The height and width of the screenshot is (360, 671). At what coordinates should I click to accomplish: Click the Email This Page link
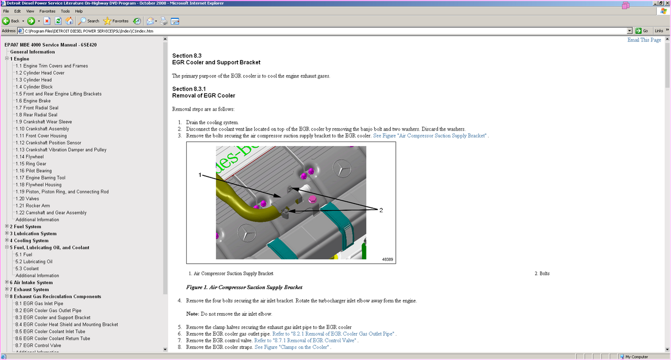pyautogui.click(x=644, y=40)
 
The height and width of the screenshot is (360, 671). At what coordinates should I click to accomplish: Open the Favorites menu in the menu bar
pyautogui.click(x=47, y=11)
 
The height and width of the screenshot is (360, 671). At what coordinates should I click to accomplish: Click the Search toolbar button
pyautogui.click(x=89, y=21)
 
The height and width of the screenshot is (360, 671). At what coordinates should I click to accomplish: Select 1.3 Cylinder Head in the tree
pyautogui.click(x=34, y=80)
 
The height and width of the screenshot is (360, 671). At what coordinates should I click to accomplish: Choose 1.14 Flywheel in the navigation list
pyautogui.click(x=30, y=156)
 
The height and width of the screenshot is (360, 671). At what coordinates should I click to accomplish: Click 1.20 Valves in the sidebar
pyautogui.click(x=27, y=199)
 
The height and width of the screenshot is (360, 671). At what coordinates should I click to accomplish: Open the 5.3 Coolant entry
pyautogui.click(x=27, y=269)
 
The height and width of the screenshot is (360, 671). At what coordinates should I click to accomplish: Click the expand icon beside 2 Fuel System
pyautogui.click(x=7, y=227)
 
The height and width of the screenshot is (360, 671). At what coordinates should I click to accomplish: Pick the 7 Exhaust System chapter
pyautogui.click(x=29, y=289)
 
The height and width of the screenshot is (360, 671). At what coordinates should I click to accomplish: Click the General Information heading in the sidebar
pyautogui.click(x=32, y=52)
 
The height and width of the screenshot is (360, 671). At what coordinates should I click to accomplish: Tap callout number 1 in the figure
pyautogui.click(x=200, y=175)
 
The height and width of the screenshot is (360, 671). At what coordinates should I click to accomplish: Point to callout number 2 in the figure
pyautogui.click(x=380, y=210)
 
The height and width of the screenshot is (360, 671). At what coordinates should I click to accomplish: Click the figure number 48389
pyautogui.click(x=387, y=259)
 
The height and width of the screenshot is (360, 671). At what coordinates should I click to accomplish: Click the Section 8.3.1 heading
pyautogui.click(x=189, y=89)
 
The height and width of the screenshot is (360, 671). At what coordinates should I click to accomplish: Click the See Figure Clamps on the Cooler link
pyautogui.click(x=292, y=347)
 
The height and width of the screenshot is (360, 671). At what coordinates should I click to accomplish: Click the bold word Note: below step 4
pyautogui.click(x=192, y=314)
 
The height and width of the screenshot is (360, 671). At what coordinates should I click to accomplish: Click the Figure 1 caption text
pyautogui.click(x=244, y=288)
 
